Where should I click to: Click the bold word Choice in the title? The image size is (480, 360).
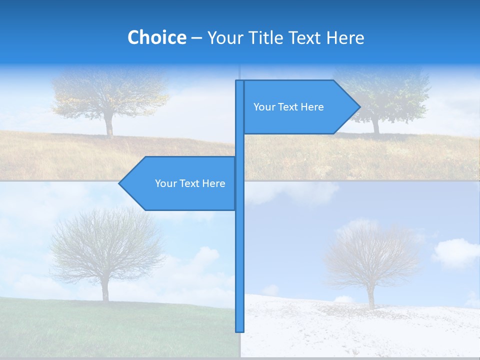(x=156, y=37)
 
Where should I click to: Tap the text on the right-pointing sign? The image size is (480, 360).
(x=288, y=107)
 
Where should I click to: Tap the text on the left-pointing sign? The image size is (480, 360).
(x=190, y=183)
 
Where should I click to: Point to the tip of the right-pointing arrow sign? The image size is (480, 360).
(x=359, y=106)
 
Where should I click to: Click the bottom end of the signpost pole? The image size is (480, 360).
(x=240, y=330)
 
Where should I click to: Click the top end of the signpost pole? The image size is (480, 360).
(x=240, y=82)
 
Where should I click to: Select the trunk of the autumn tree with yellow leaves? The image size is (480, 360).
(x=109, y=125)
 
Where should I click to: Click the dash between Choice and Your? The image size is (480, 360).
(x=196, y=38)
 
